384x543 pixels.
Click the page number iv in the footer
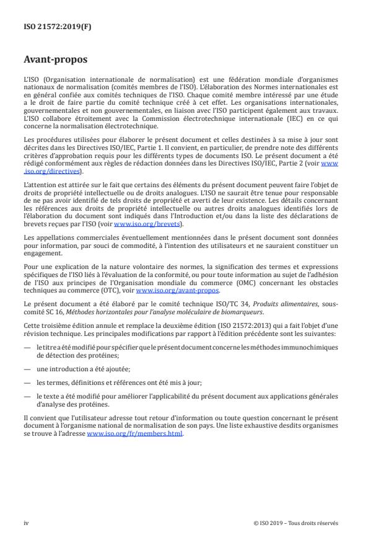[26, 523]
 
